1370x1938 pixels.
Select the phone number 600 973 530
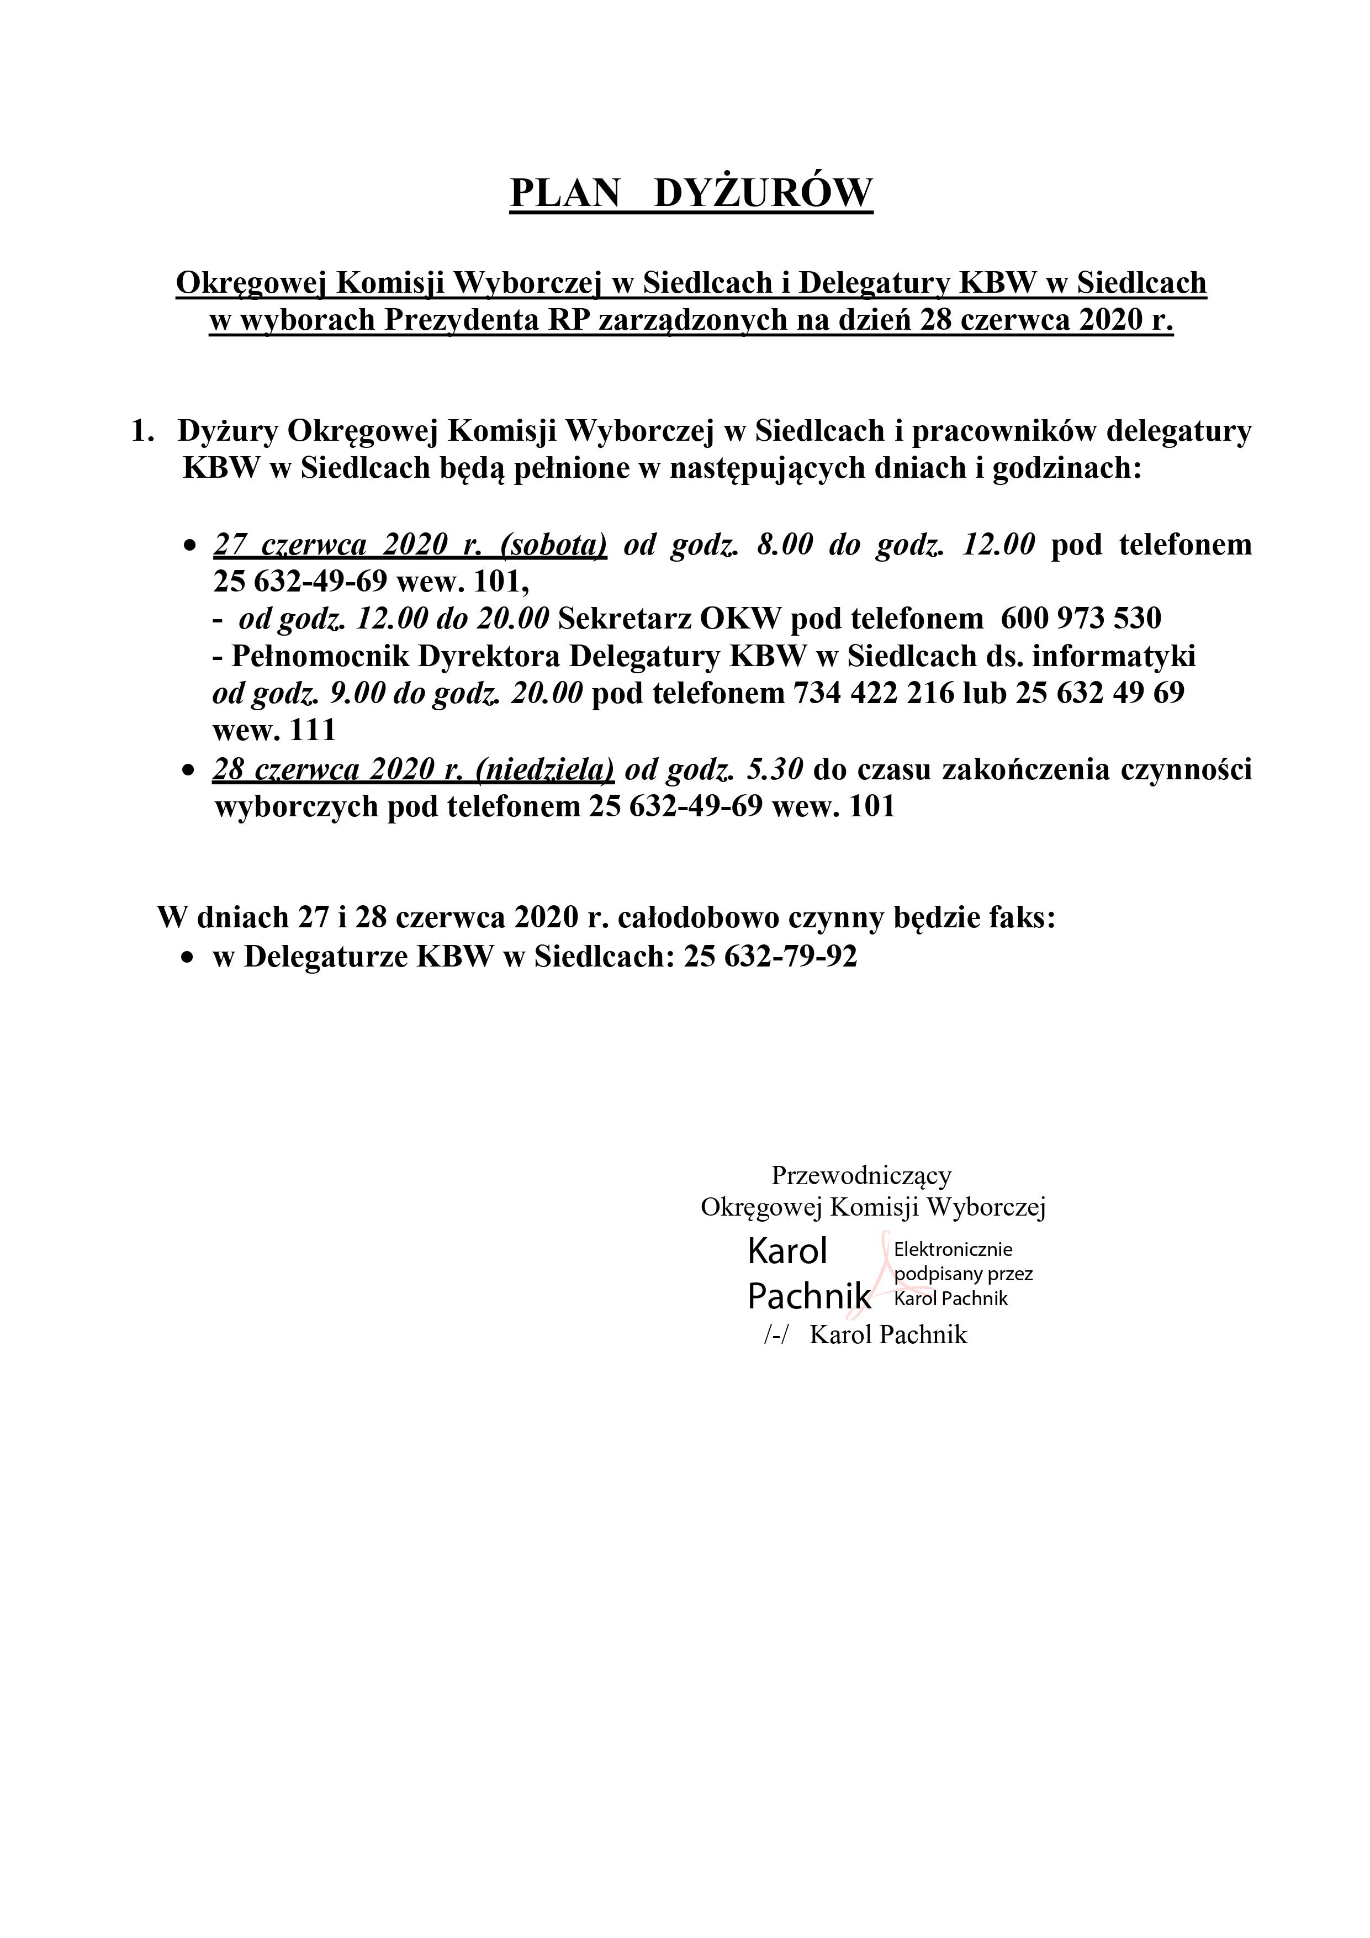pyautogui.click(x=1081, y=619)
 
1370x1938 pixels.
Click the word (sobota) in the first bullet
pyautogui.click(x=553, y=545)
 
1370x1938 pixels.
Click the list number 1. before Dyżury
pyautogui.click(x=142, y=431)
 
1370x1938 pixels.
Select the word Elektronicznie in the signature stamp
pyautogui.click(x=953, y=1249)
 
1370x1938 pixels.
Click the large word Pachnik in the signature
pyautogui.click(x=808, y=1296)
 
